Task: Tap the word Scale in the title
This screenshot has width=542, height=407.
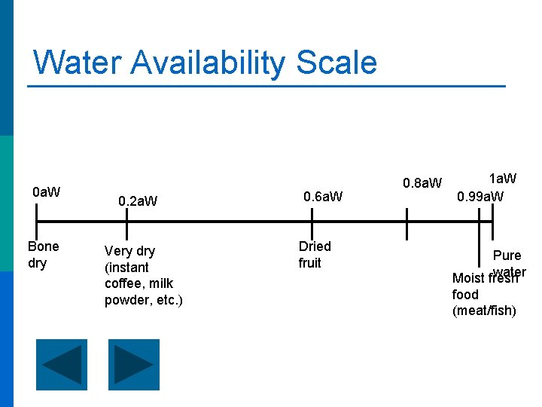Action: [336, 62]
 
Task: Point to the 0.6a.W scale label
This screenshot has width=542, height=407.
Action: [322, 197]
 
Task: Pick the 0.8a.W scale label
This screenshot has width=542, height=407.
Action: [422, 183]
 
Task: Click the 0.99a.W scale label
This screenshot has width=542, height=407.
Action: [480, 197]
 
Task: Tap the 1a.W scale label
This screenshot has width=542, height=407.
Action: [503, 179]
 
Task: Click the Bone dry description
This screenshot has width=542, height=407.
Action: [43, 255]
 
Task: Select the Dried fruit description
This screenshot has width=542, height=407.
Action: [314, 255]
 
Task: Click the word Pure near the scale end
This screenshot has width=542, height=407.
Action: [507, 256]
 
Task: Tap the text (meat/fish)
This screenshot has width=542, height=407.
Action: [484, 311]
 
